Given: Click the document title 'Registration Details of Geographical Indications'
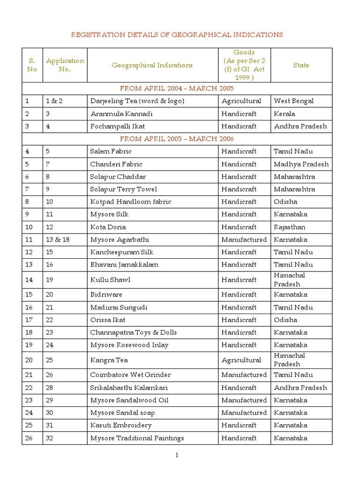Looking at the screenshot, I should click(x=177, y=35).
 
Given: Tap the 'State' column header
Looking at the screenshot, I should click(x=301, y=65).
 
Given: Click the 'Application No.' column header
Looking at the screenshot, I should click(x=65, y=65).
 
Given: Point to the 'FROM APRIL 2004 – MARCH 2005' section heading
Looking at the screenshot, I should click(x=177, y=88).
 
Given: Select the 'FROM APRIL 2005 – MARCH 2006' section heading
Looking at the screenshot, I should click(x=177, y=139).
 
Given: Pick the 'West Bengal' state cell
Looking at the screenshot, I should click(x=293, y=101).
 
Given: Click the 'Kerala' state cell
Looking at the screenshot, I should click(x=284, y=113).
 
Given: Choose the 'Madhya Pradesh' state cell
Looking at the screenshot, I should click(x=301, y=164).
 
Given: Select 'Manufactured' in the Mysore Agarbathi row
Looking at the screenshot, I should click(x=244, y=240).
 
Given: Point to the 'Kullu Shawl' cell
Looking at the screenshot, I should click(x=110, y=280).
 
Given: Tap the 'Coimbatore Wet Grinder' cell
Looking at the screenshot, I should click(x=130, y=375).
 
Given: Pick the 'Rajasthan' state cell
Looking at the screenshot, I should click(x=289, y=227).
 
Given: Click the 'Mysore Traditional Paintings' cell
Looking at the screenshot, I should click(x=137, y=438).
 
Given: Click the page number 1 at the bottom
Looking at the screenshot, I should click(x=177, y=455).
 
